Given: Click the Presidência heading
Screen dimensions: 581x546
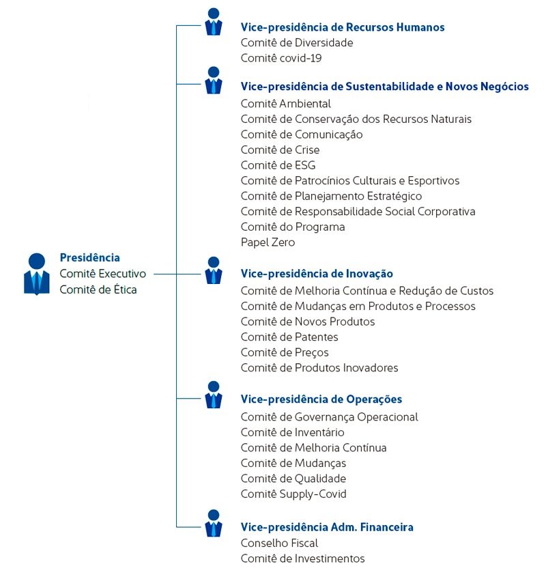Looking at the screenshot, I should [89, 257].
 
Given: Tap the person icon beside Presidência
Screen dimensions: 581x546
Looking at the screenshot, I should [37, 274].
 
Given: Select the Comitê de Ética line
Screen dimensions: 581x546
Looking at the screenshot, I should [98, 289].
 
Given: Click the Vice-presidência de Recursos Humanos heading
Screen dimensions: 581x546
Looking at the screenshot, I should [342, 27].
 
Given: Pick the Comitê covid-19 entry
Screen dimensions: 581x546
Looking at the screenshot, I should [281, 58].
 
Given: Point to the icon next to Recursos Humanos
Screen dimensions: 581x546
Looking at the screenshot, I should [214, 22].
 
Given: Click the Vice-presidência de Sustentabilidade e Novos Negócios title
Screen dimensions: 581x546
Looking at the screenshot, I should [384, 87].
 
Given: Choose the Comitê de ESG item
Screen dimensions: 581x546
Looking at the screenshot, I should [278, 165].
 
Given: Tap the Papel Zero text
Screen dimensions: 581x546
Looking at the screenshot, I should [268, 242].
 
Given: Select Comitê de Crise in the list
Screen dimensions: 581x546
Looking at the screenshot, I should [280, 150].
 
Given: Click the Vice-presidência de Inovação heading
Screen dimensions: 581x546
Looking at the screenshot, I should [317, 274].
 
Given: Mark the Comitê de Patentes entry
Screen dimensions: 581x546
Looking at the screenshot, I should [289, 337].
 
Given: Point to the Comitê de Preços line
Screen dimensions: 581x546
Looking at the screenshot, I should [284, 352].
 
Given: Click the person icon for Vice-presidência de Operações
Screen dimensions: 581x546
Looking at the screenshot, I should [214, 395].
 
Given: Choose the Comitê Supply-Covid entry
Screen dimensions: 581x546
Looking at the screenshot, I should [293, 494].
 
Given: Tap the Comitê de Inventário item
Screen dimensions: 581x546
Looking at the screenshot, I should [292, 432].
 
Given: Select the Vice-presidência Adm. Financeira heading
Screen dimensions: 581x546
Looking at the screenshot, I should [327, 527].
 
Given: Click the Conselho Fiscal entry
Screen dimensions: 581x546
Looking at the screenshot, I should [279, 543].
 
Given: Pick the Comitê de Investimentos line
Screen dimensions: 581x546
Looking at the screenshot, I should [302, 558].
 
